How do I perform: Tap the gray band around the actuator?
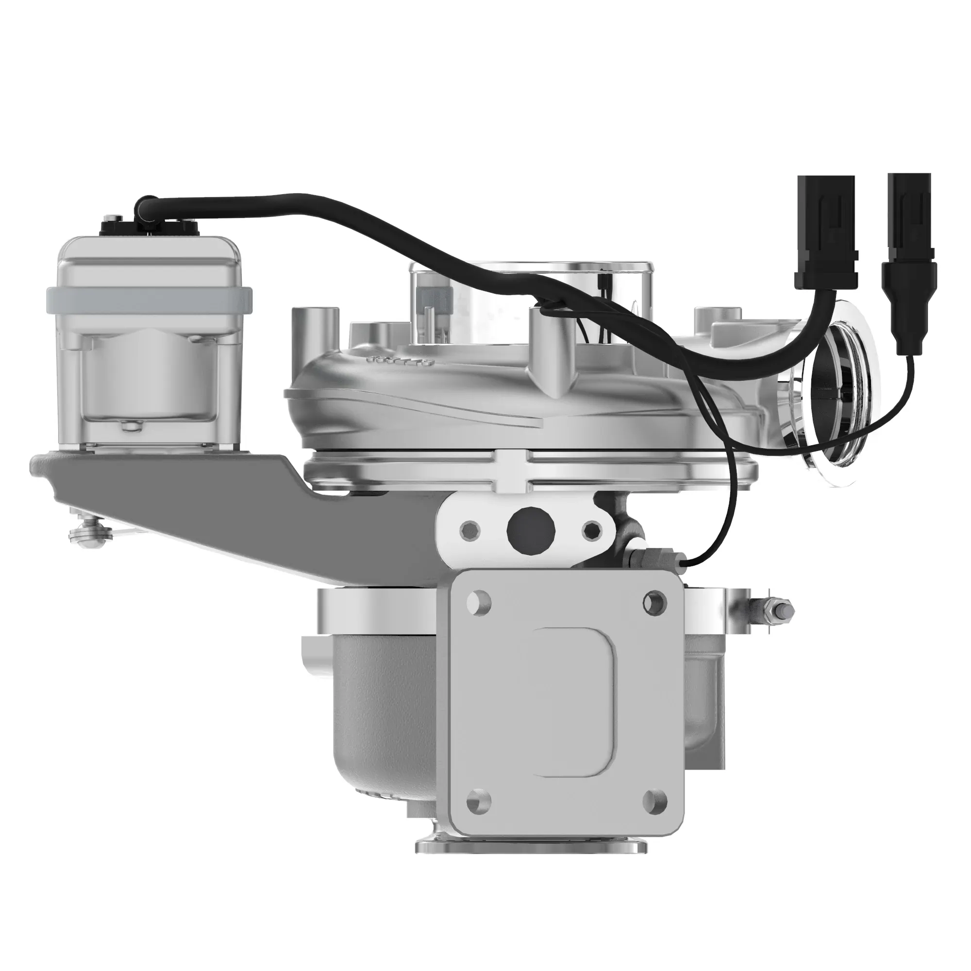[x=149, y=299]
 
